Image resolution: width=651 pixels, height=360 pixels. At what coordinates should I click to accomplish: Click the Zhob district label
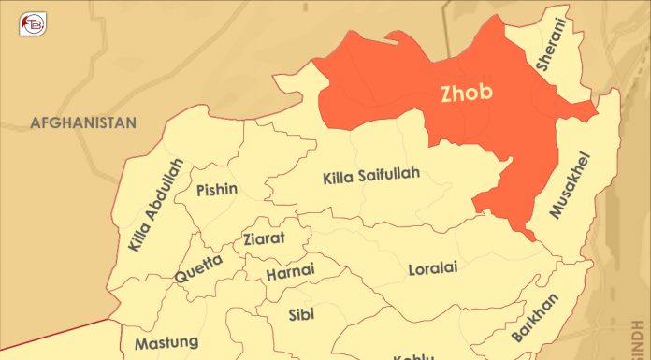[467, 93]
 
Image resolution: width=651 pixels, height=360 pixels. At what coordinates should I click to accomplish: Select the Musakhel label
[570, 184]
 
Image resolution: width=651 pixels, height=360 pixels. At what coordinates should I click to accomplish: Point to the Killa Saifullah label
[371, 175]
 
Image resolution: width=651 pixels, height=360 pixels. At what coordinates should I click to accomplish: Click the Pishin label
[217, 190]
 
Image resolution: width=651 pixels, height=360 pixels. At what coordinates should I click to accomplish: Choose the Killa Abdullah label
[153, 205]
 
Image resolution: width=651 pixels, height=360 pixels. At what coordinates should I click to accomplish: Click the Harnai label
[290, 273]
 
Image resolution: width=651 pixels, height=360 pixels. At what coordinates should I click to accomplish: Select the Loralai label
[433, 269]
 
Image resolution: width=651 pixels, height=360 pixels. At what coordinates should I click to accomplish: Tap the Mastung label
[166, 343]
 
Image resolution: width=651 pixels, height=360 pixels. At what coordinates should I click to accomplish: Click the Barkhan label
[535, 318]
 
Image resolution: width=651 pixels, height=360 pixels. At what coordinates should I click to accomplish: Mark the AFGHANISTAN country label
[83, 122]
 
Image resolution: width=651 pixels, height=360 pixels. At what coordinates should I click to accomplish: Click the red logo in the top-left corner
[35, 22]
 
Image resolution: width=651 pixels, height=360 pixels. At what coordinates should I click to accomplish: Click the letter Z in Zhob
[447, 93]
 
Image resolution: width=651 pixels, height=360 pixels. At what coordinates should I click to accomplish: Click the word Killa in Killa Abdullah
[137, 234]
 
